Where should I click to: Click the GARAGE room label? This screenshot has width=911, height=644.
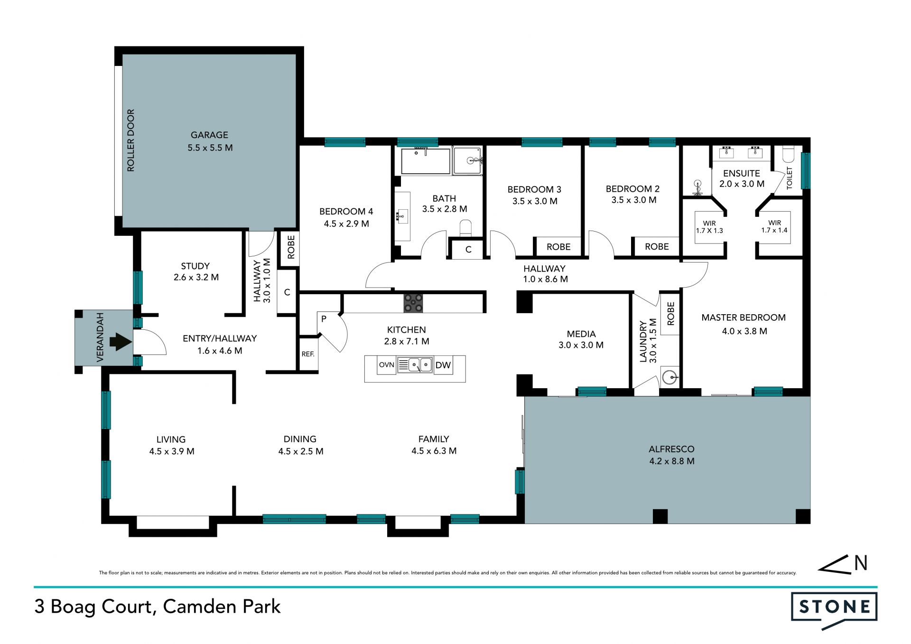[x=209, y=135]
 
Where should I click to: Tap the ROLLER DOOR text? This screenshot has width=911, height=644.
[x=130, y=140]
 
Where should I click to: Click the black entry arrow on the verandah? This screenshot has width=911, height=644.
[x=121, y=342]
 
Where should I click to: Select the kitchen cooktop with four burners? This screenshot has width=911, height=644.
[x=413, y=303]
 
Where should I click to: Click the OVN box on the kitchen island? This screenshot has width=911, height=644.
[x=387, y=365]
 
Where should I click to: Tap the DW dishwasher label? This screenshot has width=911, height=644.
[x=443, y=365]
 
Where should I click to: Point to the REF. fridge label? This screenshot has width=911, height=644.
[x=308, y=354]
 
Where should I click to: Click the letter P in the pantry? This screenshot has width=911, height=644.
[x=324, y=319]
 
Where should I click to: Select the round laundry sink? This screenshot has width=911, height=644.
[x=670, y=378]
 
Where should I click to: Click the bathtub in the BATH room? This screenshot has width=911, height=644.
[x=426, y=161]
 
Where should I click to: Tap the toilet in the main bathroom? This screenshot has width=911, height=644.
[x=466, y=228]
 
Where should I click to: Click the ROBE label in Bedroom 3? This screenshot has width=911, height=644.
[x=558, y=247]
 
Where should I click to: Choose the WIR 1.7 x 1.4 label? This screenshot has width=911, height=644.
[x=774, y=226]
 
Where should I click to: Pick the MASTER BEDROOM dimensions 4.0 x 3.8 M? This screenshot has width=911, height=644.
[x=744, y=331]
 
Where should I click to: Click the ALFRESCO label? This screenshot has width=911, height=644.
[x=671, y=449]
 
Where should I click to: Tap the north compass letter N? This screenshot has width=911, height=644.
[x=861, y=563]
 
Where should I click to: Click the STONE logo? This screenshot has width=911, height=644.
[x=834, y=610]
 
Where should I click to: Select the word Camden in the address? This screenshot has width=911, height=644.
[x=200, y=607]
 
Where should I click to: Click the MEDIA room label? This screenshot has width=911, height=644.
[x=581, y=334]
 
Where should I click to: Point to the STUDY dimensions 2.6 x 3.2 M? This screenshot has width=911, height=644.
[x=196, y=277]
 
